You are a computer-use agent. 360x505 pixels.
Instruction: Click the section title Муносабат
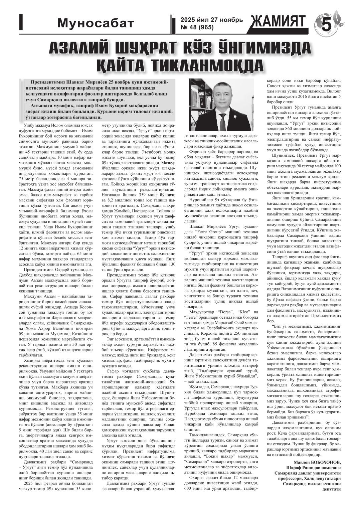(96, 23)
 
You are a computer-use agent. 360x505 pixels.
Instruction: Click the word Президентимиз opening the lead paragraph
(48, 82)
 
